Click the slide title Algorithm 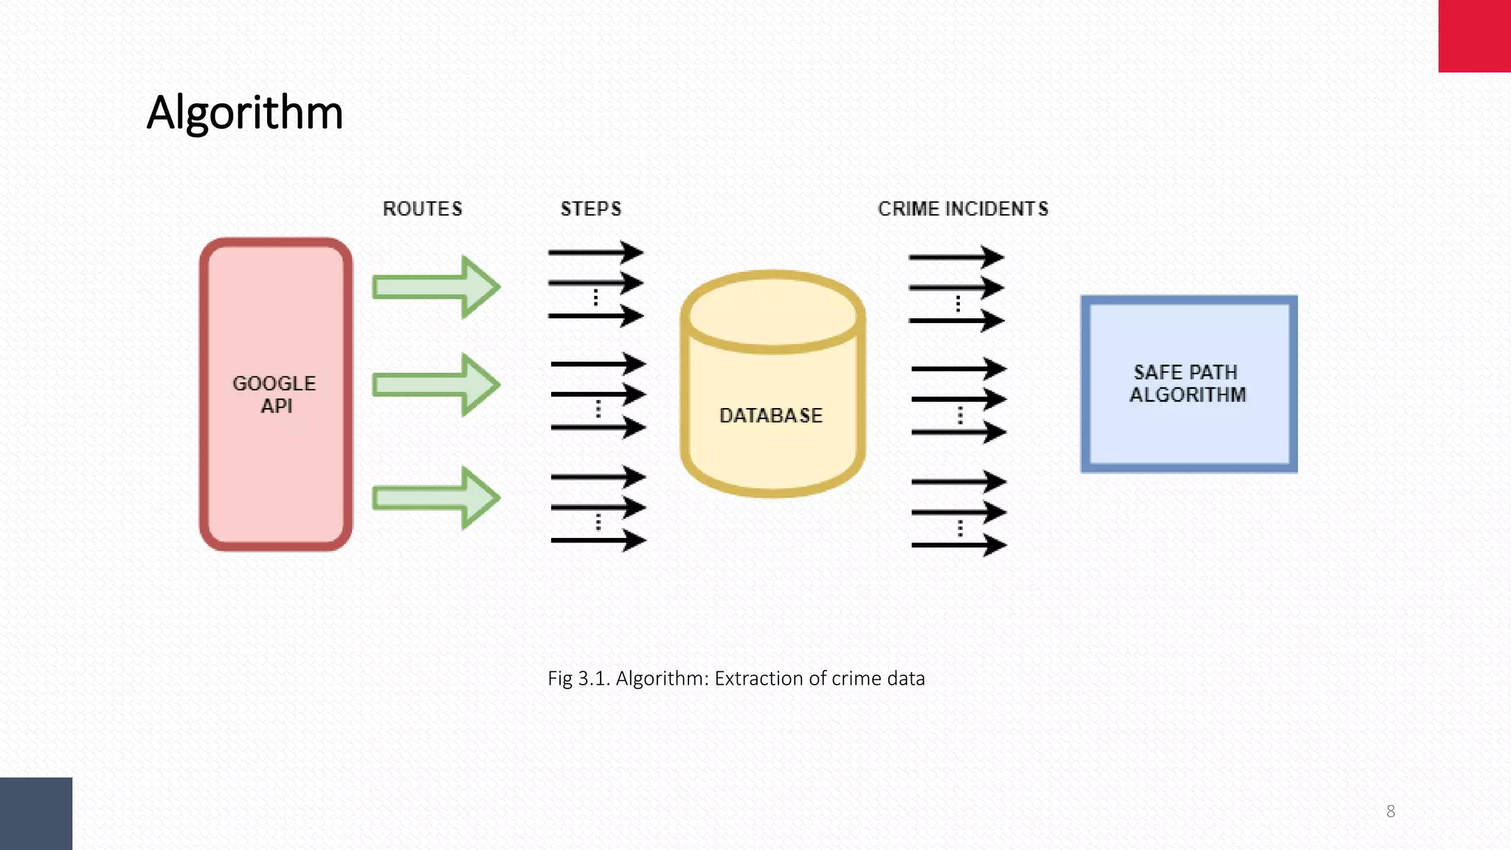[245, 113]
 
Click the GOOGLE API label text [274, 394]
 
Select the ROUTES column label [422, 209]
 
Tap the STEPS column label [590, 209]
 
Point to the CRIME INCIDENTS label [963, 209]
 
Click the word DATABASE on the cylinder [770, 415]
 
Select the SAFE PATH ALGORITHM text [1187, 383]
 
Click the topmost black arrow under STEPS [595, 252]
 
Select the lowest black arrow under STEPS [598, 541]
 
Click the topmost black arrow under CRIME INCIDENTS [955, 257]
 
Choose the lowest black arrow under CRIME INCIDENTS [958, 545]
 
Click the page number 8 [1390, 811]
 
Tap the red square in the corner [1474, 35]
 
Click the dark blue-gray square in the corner [35, 813]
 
